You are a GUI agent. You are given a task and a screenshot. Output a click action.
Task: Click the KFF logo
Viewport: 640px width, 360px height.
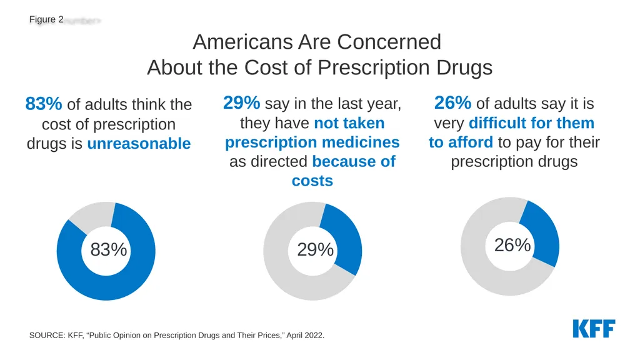pos(594,329)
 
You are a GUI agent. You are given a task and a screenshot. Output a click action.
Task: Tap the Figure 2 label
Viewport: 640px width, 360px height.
pos(46,19)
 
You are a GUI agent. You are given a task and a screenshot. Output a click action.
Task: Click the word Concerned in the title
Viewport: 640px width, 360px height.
pos(389,42)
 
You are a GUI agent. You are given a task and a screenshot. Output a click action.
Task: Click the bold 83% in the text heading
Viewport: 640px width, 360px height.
pos(44,104)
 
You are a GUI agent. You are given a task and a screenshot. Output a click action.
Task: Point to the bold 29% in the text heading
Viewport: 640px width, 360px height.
pos(241,103)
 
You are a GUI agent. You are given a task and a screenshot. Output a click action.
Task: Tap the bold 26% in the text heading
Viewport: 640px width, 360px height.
pos(452,103)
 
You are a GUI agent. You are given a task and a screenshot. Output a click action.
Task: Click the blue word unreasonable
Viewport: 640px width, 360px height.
pos(139,144)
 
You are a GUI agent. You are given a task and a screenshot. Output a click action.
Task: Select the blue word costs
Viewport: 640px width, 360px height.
pos(312,181)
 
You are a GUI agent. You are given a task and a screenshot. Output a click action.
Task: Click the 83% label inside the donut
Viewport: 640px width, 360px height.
pos(109,249)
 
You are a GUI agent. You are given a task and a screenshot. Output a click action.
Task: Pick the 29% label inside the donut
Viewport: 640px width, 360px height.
pos(315,249)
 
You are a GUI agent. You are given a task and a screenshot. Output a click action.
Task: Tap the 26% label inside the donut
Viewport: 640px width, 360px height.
pos(512,245)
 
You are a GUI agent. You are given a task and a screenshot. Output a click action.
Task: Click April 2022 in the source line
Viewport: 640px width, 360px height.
pos(305,336)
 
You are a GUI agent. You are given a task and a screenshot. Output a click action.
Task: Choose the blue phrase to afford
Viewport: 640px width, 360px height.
pos(461,142)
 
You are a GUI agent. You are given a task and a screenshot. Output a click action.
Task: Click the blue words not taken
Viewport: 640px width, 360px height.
pos(349,123)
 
